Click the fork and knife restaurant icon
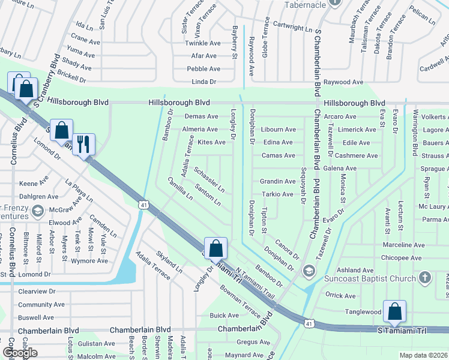point(83,144)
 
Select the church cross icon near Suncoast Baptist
point(425,277)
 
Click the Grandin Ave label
point(277,181)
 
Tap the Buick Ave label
point(224,315)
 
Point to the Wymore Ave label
point(89,260)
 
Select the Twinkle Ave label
point(203,43)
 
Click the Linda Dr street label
point(203,82)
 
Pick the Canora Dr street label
point(286,248)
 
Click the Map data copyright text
point(424,355)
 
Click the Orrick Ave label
point(340,295)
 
